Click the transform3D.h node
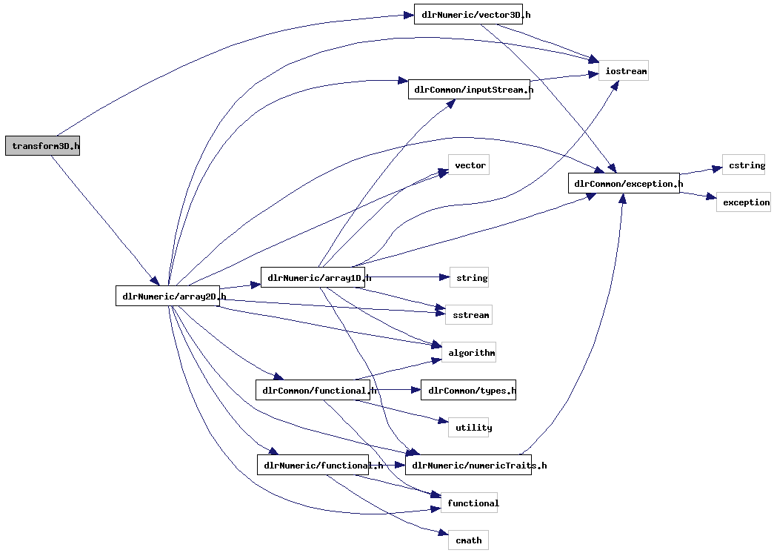point(42,146)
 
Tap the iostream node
point(623,71)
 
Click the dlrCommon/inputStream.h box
point(469,90)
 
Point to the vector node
point(468,165)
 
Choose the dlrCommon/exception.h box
point(623,183)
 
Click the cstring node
point(743,165)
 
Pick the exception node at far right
point(743,202)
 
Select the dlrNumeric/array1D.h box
point(313,278)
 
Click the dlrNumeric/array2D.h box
point(167,296)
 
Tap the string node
point(469,278)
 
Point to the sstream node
point(468,314)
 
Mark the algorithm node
point(468,352)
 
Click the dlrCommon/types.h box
point(468,390)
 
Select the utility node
point(470,427)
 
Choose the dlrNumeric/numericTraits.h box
point(468,465)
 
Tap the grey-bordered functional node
point(469,503)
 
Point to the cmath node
point(468,540)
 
